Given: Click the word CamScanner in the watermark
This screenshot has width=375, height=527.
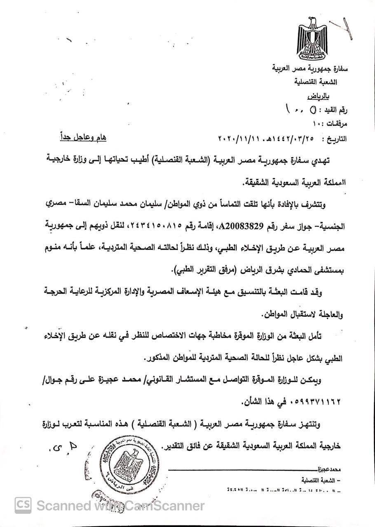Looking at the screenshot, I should coord(163,505).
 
